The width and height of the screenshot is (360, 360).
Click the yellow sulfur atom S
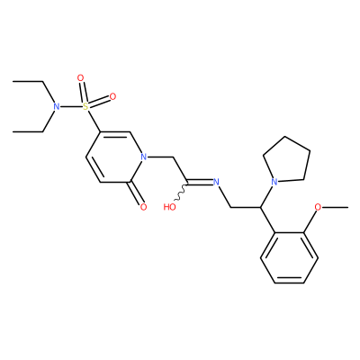86,106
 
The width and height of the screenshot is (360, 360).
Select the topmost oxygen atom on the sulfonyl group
80,78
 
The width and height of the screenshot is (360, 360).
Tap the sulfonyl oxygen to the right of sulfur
112,96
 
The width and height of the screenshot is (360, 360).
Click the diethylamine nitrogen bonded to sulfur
56,106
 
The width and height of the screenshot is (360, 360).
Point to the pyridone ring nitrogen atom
144,157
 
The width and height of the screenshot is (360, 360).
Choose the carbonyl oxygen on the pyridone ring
143,207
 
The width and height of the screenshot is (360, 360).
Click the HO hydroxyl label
169,207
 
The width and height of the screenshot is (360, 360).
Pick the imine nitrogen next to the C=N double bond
216,182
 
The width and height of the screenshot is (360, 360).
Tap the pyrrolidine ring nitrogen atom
274,182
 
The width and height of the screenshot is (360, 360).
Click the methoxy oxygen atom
318,207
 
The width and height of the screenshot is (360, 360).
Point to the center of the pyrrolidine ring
287,162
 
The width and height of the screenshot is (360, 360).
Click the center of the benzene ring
289,257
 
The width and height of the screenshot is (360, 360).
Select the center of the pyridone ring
115,157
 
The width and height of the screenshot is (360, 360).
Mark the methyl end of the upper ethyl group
13,81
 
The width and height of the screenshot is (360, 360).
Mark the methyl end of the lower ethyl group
13,131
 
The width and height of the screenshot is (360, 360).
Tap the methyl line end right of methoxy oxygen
347,207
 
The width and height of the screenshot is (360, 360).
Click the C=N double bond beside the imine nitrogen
200,182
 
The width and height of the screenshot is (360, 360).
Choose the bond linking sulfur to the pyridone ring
94,121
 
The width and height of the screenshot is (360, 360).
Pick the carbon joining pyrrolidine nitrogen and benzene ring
260,207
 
